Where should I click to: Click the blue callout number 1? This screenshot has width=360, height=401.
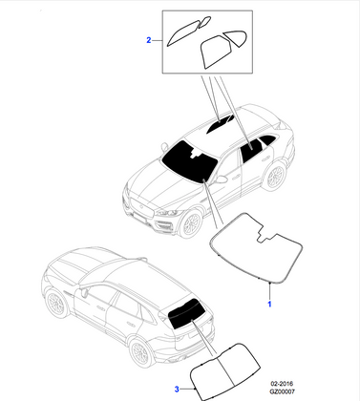tap(269, 304)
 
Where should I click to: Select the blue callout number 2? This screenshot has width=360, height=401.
tap(149, 40)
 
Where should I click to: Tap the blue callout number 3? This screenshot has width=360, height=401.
tap(177, 389)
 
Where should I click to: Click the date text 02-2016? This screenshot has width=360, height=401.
tap(282, 384)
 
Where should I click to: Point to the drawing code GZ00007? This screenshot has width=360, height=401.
tap(283, 391)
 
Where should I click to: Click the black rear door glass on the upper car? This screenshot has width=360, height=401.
tap(251, 150)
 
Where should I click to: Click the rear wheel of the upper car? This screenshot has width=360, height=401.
tap(274, 176)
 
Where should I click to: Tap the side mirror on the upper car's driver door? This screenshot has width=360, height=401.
tap(221, 179)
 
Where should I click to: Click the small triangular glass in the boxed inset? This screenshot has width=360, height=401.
tap(235, 38)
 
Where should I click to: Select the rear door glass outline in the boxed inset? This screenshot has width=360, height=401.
tap(215, 51)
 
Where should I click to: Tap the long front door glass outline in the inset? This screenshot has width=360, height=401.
tap(184, 32)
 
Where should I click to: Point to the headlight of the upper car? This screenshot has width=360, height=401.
tap(168, 213)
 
